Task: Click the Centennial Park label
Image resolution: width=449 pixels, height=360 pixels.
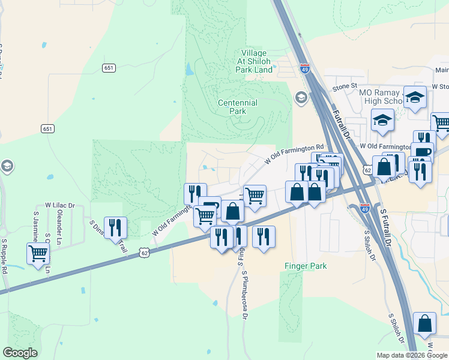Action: [x=238, y=107]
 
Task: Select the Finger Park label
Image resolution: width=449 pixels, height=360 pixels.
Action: [x=305, y=266]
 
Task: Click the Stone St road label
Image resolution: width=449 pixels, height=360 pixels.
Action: [x=345, y=87]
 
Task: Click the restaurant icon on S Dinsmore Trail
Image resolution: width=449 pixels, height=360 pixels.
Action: [x=115, y=227]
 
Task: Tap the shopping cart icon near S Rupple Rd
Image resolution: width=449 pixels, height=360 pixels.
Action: [x=38, y=253]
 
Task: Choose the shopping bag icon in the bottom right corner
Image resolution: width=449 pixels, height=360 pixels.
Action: [x=425, y=323]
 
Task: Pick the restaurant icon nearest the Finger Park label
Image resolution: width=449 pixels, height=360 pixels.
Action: [x=264, y=236]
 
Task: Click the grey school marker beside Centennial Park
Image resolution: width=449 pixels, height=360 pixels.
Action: [x=301, y=97]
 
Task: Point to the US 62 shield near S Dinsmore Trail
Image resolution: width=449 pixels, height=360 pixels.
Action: [x=144, y=253]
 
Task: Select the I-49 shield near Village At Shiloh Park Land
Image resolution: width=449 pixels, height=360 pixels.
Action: [x=305, y=68]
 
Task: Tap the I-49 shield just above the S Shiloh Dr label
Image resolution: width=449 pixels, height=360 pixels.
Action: [x=365, y=208]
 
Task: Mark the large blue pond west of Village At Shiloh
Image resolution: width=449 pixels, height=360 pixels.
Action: [x=190, y=69]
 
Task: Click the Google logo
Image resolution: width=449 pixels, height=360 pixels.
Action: [x=20, y=353]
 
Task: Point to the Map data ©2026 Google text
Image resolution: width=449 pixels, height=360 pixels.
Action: [x=412, y=355]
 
